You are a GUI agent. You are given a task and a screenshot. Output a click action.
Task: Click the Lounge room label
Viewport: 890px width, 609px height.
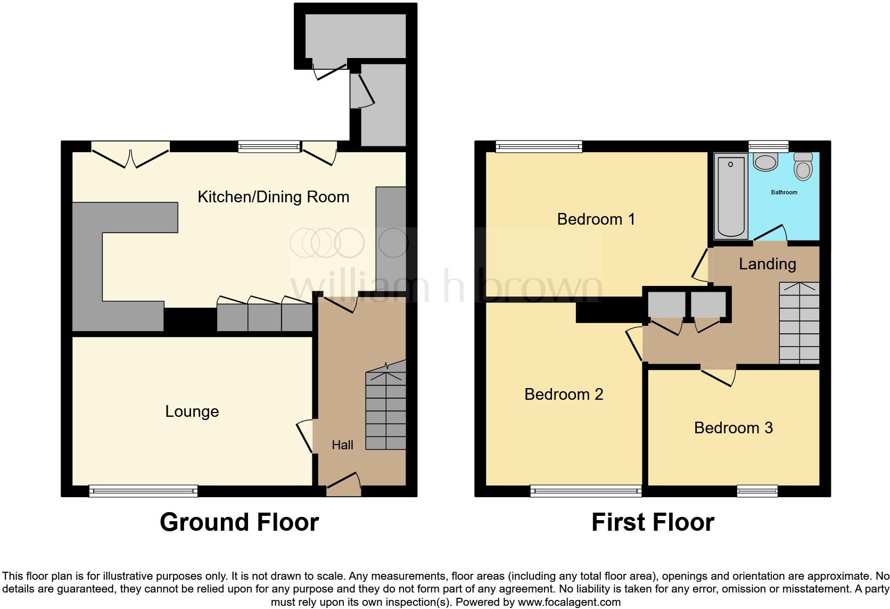pyautogui.click(x=192, y=412)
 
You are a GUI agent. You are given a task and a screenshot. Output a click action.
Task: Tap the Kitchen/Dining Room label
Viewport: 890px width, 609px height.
pyautogui.click(x=273, y=197)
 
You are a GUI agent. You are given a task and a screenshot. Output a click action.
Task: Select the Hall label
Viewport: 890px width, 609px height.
pyautogui.click(x=342, y=445)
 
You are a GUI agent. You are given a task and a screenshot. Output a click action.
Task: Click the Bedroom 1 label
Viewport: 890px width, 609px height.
pyautogui.click(x=596, y=219)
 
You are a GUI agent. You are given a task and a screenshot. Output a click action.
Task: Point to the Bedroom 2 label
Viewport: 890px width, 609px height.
pyautogui.click(x=563, y=394)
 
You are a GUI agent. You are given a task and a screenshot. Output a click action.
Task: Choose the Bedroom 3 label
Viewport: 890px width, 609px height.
pyautogui.click(x=733, y=427)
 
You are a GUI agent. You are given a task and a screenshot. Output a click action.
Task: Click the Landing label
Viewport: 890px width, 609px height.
pyautogui.click(x=767, y=264)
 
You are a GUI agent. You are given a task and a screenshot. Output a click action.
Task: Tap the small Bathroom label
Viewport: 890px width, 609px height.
pyautogui.click(x=784, y=192)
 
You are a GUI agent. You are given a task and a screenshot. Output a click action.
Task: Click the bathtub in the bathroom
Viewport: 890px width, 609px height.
pyautogui.click(x=731, y=196)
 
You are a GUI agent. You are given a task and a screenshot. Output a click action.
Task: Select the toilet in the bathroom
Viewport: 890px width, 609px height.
pyautogui.click(x=803, y=166)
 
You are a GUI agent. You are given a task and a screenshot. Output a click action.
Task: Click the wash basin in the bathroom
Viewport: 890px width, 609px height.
pyautogui.click(x=765, y=162)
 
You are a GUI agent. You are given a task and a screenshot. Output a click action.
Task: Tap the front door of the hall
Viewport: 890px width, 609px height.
pyautogui.click(x=343, y=484)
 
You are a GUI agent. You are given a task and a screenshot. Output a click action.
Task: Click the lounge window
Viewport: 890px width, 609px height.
pyautogui.click(x=143, y=491)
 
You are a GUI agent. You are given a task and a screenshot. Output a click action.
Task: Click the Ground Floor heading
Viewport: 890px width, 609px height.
pyautogui.click(x=239, y=522)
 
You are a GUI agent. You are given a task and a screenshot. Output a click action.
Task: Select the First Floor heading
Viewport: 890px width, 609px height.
pyautogui.click(x=653, y=522)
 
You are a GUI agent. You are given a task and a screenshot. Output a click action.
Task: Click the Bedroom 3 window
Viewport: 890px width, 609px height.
pyautogui.click(x=757, y=491)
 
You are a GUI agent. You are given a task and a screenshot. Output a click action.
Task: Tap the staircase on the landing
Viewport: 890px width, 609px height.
pyautogui.click(x=799, y=324)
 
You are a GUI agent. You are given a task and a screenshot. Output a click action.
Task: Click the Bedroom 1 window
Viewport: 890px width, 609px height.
pyautogui.click(x=538, y=146)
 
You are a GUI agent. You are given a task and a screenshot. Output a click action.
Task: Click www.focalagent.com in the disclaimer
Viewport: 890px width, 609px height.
pyautogui.click(x=569, y=603)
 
